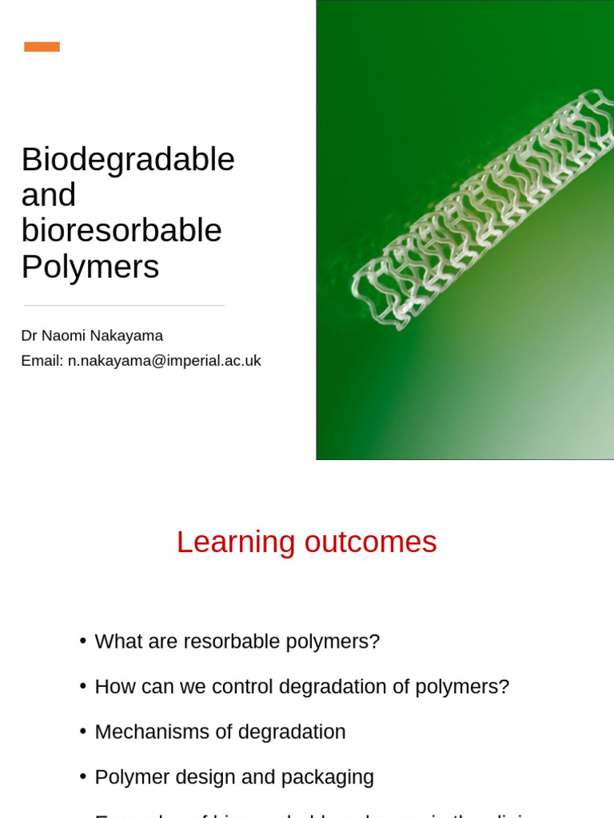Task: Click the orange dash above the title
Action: pyautogui.click(x=42, y=46)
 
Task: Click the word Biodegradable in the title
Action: pyautogui.click(x=128, y=160)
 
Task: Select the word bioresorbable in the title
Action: pyautogui.click(x=122, y=231)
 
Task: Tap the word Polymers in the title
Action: pyautogui.click(x=90, y=267)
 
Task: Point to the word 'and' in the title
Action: pyautogui.click(x=49, y=196)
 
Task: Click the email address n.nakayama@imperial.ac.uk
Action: pyautogui.click(x=164, y=361)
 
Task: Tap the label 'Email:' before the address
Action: pyautogui.click(x=42, y=361)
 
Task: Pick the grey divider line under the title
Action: pyautogui.click(x=124, y=305)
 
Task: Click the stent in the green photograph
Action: pyautogui.click(x=480, y=208)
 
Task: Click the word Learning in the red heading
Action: pyautogui.click(x=236, y=542)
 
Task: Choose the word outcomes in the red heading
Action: pyautogui.click(x=370, y=542)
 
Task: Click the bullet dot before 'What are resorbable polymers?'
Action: pyautogui.click(x=83, y=641)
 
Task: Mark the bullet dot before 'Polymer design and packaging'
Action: pyautogui.click(x=83, y=776)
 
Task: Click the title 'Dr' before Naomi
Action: pyautogui.click(x=30, y=336)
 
